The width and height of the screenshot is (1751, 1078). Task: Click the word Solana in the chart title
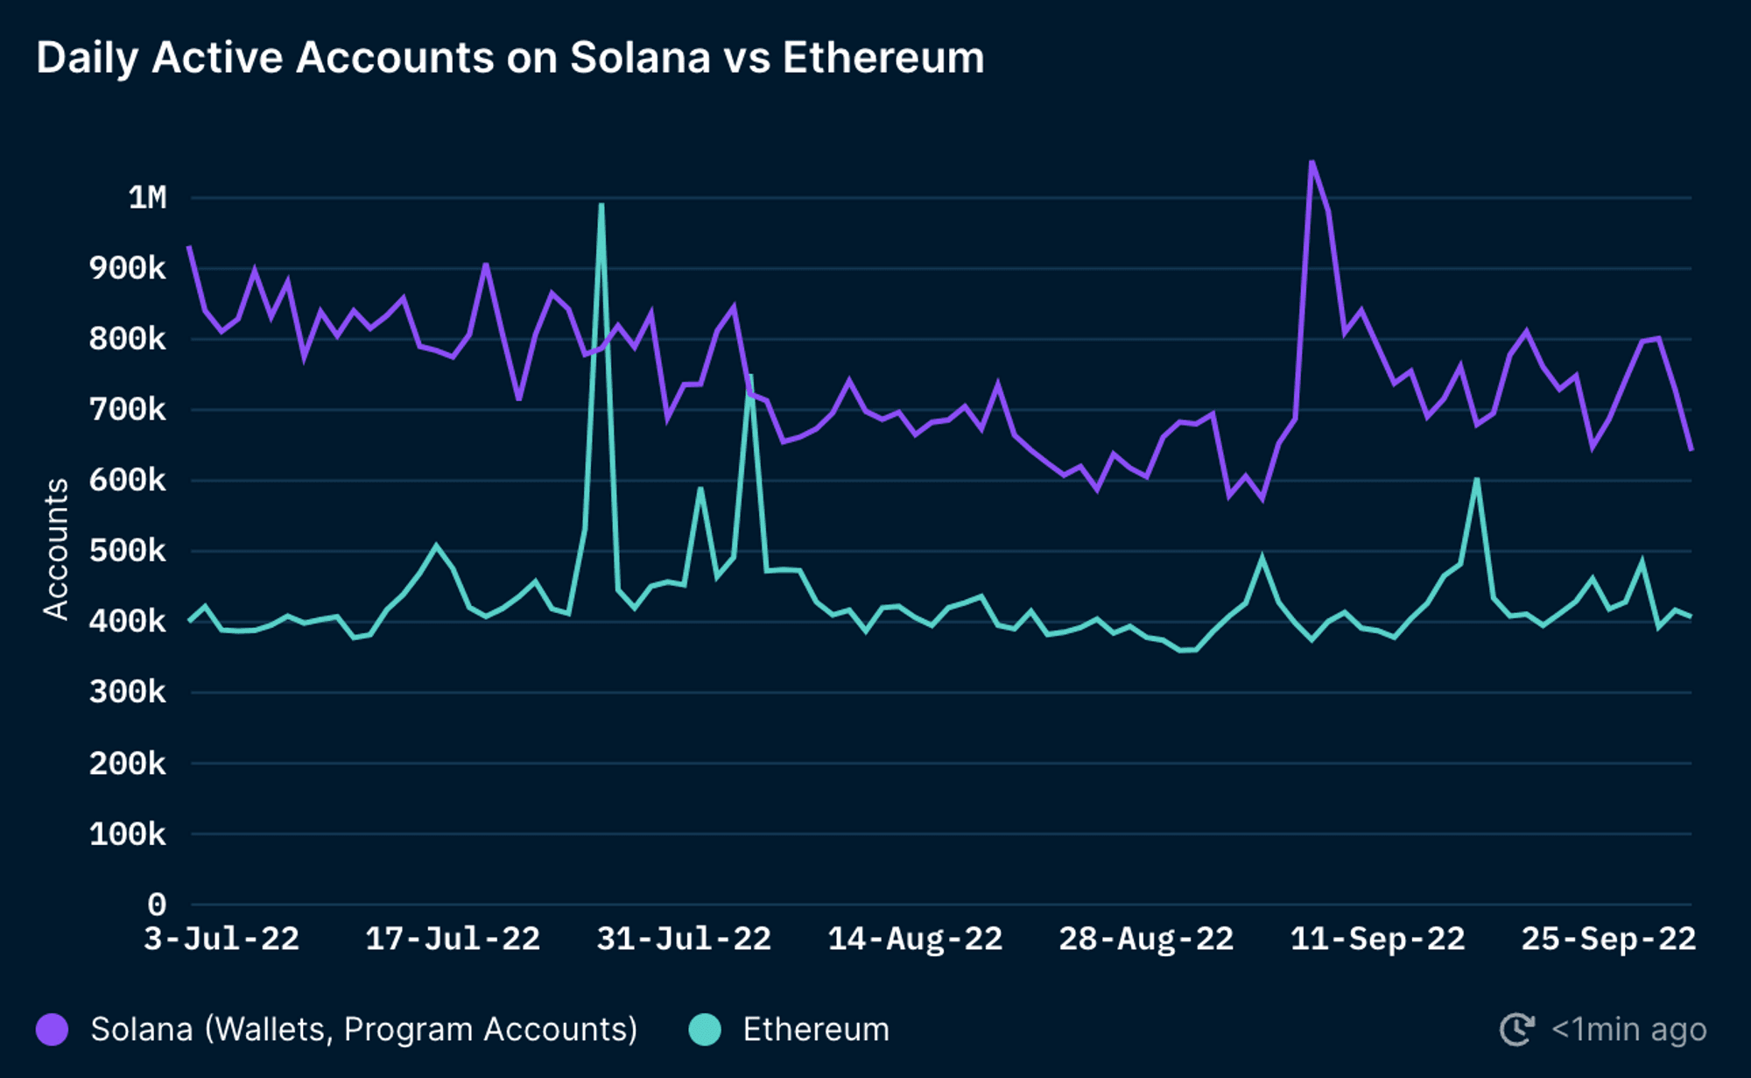[x=639, y=58]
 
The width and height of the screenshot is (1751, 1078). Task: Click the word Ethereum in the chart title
[x=883, y=58]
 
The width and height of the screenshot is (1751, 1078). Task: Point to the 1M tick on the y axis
[x=147, y=198]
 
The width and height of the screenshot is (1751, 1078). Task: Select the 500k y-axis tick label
[x=127, y=551]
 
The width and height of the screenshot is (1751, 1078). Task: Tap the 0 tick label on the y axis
[x=156, y=904]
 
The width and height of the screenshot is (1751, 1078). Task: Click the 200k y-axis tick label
[x=127, y=764]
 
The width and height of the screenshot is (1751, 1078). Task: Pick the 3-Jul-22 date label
[x=222, y=940]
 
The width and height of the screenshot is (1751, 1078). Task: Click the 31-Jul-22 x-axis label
[x=684, y=940]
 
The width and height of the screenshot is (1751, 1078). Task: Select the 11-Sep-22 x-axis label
[x=1377, y=940]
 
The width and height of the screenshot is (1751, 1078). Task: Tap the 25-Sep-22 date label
[x=1608, y=940]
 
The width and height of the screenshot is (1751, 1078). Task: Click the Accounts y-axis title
[x=56, y=549]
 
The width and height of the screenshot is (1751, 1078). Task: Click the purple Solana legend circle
[x=53, y=1029]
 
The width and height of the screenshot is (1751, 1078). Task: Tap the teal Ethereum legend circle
[x=705, y=1029]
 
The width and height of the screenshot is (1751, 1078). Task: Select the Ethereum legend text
[x=816, y=1029]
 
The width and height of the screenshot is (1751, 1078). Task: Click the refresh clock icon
[x=1516, y=1029]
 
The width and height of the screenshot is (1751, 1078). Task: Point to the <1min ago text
[x=1628, y=1029]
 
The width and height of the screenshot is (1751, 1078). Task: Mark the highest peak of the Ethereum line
[x=601, y=205]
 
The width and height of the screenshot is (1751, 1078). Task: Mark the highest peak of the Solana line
[x=1311, y=162]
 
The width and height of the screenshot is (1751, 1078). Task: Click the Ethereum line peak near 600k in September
[x=1477, y=480]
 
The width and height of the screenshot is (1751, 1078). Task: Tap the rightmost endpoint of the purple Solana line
[x=1691, y=449]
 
